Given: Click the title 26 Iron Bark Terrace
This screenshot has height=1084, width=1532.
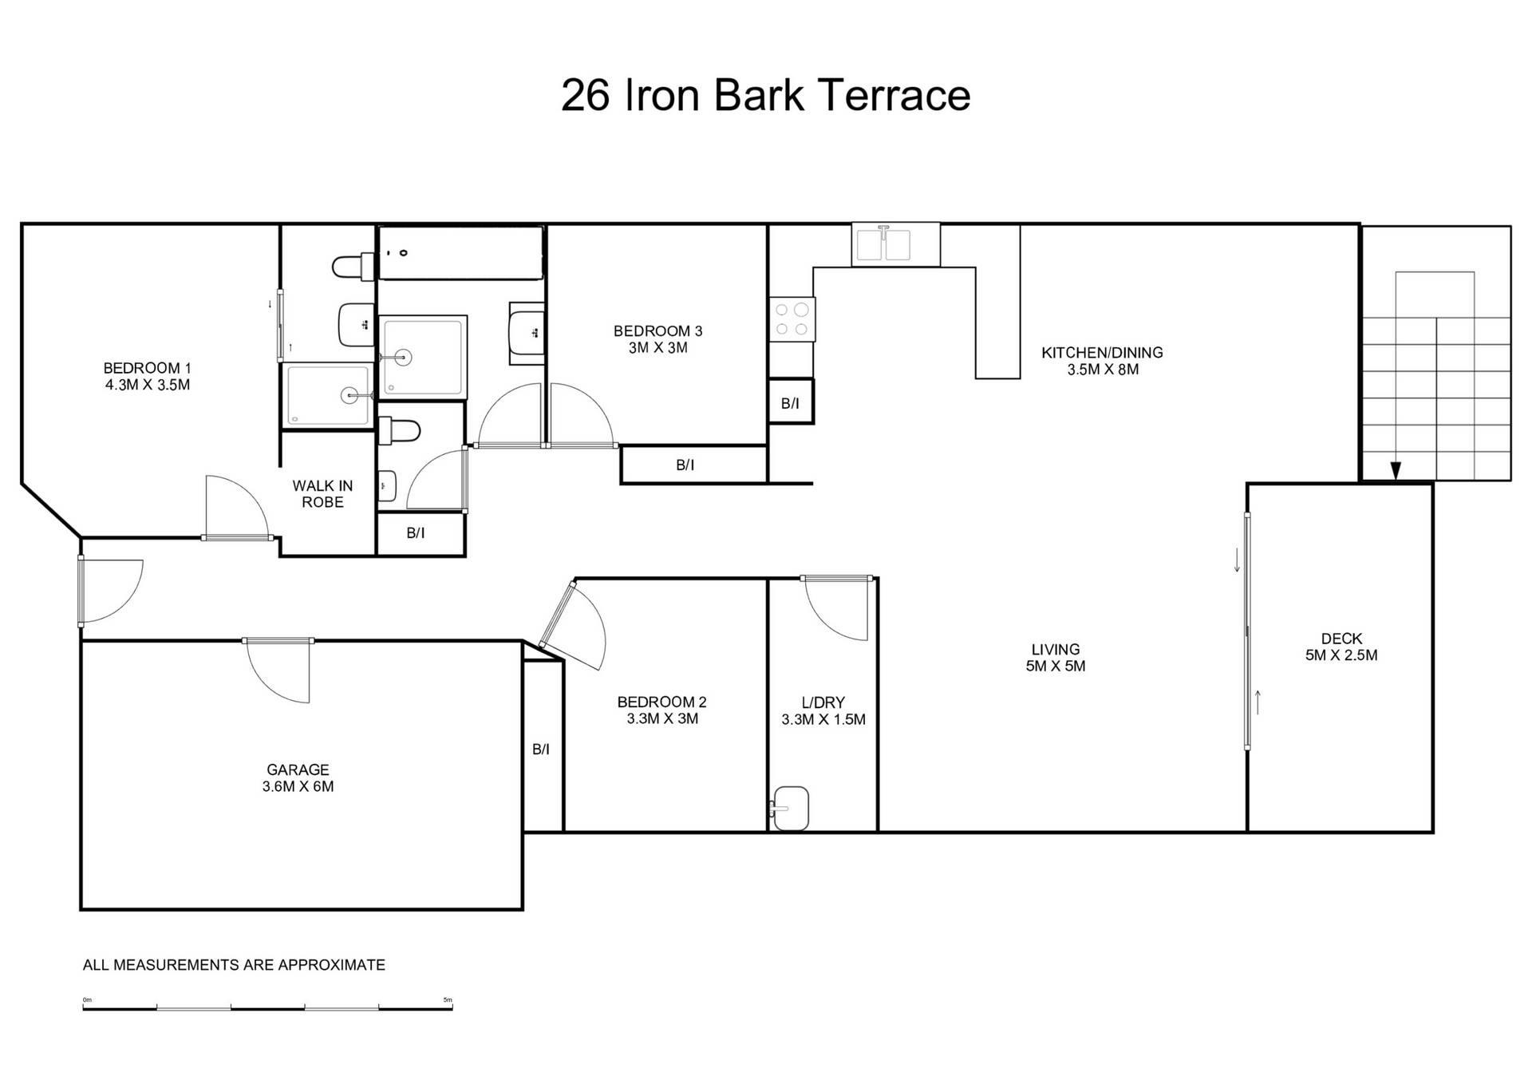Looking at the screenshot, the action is (765, 95).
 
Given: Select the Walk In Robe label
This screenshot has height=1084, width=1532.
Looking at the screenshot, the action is (322, 493).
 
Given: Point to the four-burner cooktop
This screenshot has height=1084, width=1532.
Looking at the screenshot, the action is (792, 319).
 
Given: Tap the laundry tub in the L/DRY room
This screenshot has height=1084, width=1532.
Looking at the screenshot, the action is (790, 808).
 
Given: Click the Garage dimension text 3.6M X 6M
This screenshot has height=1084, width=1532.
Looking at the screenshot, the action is (298, 786).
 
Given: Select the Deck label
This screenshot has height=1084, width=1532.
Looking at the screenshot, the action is (1341, 647).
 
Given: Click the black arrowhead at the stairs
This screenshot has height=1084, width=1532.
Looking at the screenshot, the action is (1395, 471).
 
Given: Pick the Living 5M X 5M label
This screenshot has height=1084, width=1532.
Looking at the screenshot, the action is (1056, 658).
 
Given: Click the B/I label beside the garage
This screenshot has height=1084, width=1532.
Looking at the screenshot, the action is (541, 749).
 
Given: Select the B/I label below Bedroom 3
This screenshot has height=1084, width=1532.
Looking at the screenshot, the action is (685, 465).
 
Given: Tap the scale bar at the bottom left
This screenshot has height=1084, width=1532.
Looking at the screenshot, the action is (267, 1008).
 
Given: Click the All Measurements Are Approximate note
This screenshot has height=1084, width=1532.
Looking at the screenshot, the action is (234, 965).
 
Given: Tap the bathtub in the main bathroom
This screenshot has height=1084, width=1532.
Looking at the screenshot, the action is (460, 253).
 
